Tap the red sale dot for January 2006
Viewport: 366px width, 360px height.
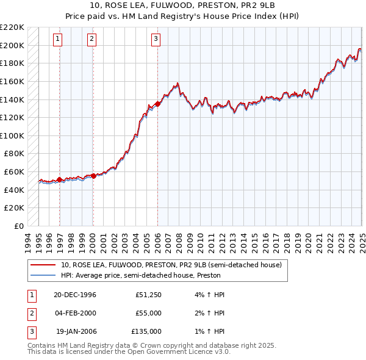point(157,104)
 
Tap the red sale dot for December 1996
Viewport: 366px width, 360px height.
point(59,179)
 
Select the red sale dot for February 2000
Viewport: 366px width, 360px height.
point(93,176)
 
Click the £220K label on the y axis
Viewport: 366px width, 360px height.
point(13,27)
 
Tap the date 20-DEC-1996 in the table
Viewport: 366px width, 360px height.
point(75,295)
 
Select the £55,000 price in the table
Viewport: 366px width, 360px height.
point(148,312)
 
